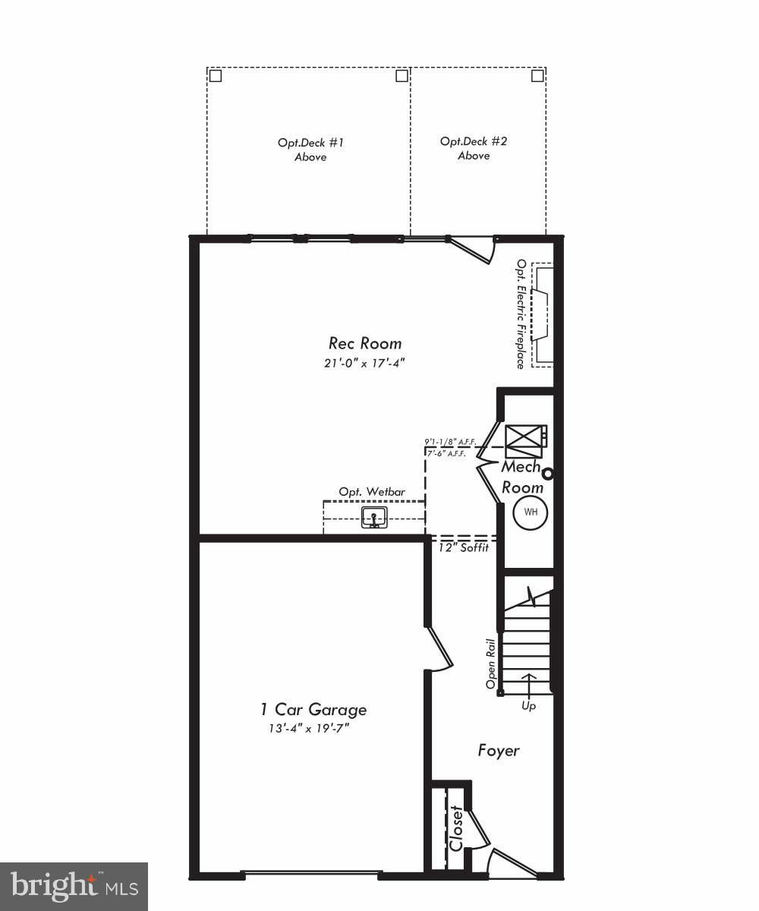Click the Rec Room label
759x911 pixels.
(365, 343)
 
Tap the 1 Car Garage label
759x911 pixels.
(313, 709)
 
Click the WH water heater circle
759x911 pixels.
(530, 512)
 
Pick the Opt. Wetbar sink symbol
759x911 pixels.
(374, 519)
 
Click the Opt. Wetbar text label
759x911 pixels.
(367, 492)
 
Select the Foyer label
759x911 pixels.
(499, 751)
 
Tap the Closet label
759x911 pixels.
(456, 829)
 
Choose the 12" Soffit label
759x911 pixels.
(464, 547)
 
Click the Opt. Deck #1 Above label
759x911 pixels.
(310, 150)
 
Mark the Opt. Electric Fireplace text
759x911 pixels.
(521, 314)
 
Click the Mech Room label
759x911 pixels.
(522, 478)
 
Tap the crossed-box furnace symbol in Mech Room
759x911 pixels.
(524, 441)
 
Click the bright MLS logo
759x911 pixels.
(74, 886)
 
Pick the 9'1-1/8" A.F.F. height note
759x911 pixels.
(450, 441)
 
